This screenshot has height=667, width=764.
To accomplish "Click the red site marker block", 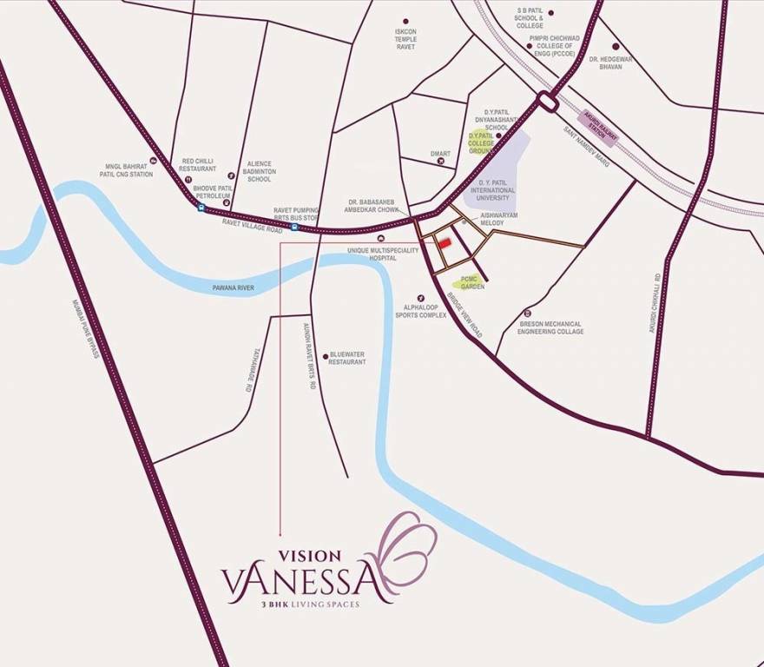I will [x=444, y=243].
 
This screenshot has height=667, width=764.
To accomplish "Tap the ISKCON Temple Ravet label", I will [x=405, y=39].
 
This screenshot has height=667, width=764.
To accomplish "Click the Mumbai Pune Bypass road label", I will [x=87, y=330].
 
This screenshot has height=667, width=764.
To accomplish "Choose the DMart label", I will [x=440, y=154].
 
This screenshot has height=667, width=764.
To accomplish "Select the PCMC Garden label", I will [x=472, y=281].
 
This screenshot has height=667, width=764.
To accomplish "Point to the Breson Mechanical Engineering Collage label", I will [x=551, y=327].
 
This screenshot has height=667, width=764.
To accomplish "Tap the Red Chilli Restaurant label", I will [x=199, y=164].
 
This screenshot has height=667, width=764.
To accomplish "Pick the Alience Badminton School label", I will [x=259, y=171].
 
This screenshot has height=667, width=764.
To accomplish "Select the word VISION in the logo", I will [x=309, y=553].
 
